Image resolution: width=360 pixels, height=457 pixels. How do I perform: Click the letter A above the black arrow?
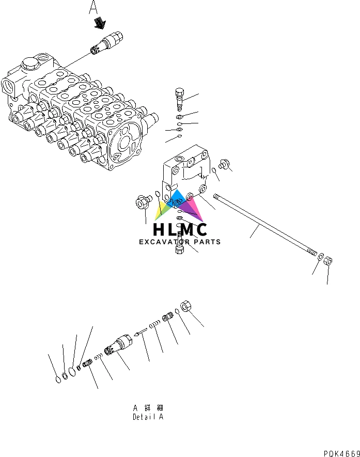coord(93,7)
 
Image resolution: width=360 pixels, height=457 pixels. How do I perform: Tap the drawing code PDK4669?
coord(341,453)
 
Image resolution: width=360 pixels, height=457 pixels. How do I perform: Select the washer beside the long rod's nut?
coord(320,257)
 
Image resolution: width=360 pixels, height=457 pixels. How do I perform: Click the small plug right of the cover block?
coord(224,164)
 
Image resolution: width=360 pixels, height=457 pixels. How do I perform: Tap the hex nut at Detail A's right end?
coord(187,306)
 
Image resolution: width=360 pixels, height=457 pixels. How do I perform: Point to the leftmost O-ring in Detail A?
coord(58,381)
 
